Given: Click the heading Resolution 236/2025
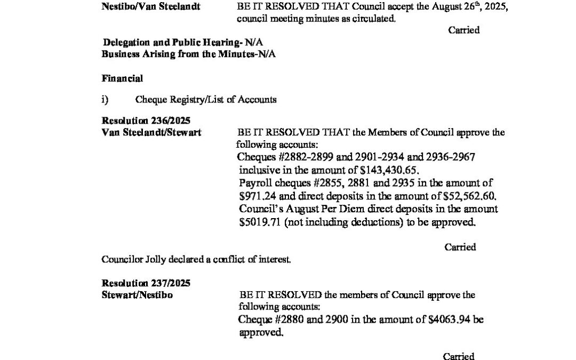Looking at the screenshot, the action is pos(146,121).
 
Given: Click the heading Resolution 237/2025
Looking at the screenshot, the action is pos(146,283).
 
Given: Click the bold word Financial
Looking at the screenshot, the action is pos(122,78).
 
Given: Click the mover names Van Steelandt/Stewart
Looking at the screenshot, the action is pos(151,133).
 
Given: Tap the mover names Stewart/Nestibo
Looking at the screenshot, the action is pos(137,295).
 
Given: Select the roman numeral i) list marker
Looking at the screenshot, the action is pos(105,100).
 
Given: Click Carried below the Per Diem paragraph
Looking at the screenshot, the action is pos(460,247).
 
